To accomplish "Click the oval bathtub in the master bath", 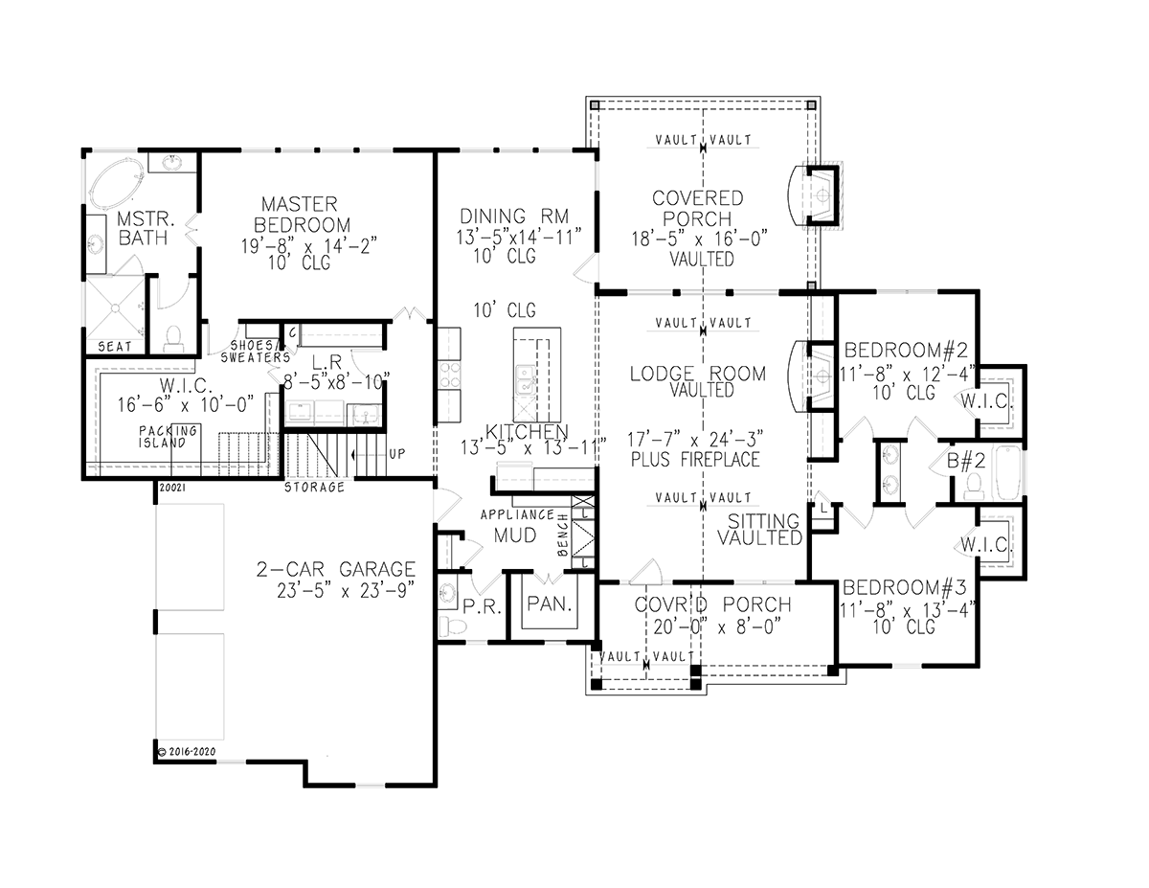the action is (117, 182).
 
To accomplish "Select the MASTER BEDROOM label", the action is (301, 215).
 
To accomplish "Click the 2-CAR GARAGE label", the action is (336, 569).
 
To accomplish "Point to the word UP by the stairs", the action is (397, 454).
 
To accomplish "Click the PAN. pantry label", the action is (550, 604).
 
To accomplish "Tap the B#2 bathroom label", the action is (966, 461).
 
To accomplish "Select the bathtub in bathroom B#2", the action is (1008, 472).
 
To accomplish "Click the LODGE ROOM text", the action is (698, 374).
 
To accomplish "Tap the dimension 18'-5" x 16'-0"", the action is (700, 239).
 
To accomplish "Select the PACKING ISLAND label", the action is (168, 437).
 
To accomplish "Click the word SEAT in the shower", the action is (115, 347).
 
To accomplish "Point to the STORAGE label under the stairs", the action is (315, 487).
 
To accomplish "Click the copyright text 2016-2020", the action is (188, 752).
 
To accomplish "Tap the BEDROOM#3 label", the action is (905, 587).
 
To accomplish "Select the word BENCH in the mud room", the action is (563, 535).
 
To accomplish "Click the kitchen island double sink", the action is (526, 379).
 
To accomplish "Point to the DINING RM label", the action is (514, 216).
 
